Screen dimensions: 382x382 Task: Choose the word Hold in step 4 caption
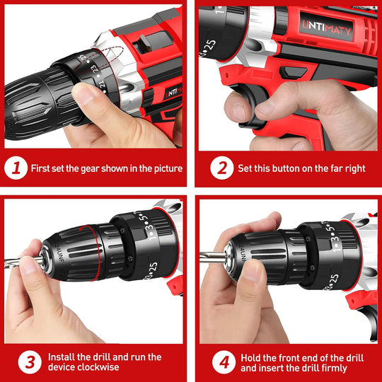(x=252, y=357)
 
